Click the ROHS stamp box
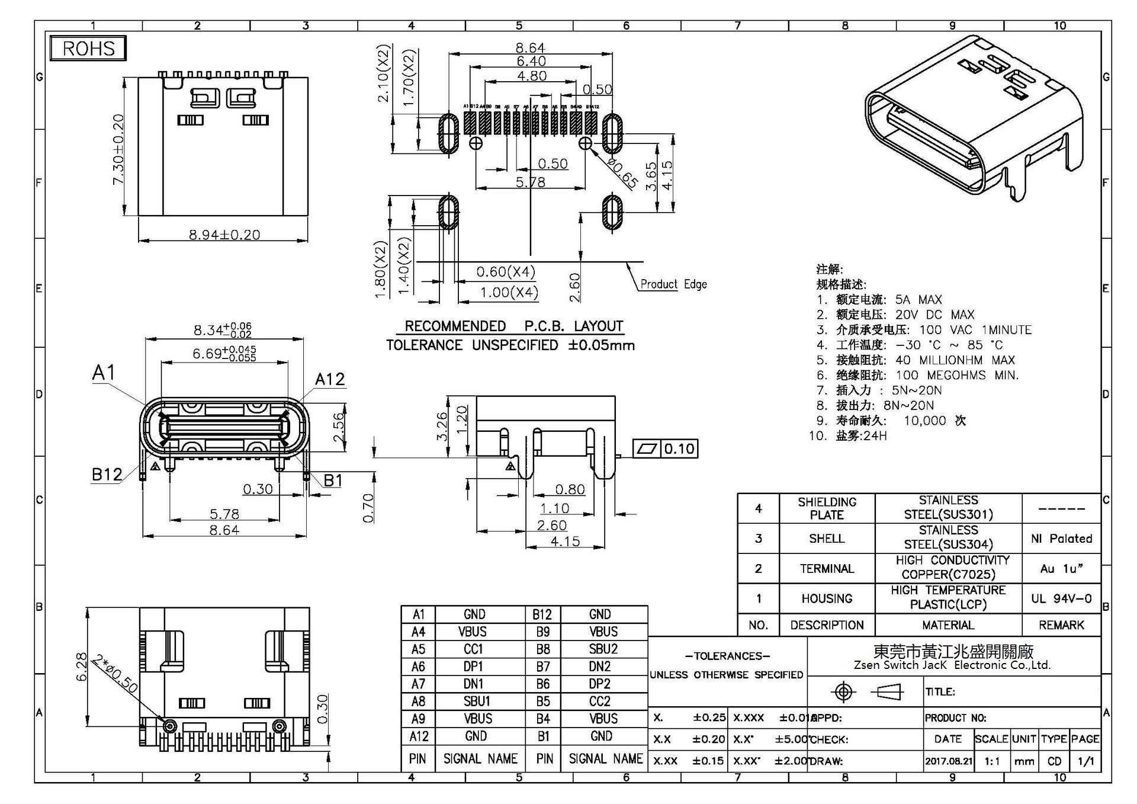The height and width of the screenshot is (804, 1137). [88, 48]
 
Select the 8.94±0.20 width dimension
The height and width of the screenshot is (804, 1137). [224, 235]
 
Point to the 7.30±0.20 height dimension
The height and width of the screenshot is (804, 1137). [118, 149]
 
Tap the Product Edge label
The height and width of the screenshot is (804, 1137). [673, 284]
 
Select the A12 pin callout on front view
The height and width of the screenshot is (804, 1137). [329, 379]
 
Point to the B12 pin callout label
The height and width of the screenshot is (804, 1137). [107, 474]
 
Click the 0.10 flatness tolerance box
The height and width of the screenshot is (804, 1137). [679, 449]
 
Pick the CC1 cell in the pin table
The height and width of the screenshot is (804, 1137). [473, 649]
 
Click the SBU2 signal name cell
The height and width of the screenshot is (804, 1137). [603, 649]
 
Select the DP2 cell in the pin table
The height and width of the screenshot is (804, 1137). [599, 684]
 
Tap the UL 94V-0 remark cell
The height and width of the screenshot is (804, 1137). [1061, 598]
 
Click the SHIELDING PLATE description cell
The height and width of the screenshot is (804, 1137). [827, 508]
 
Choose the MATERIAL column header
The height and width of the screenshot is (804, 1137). [947, 625]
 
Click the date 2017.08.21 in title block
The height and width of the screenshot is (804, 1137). [948, 761]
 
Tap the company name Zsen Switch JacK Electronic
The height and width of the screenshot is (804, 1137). [952, 665]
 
